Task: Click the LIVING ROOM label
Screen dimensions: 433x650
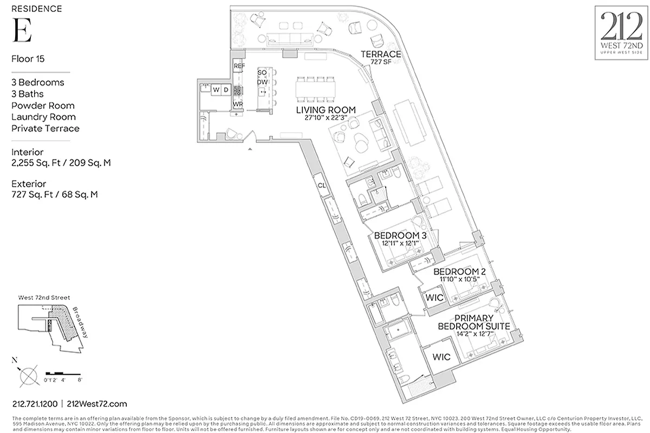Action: pos(326,110)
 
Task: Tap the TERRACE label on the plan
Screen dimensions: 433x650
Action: pos(381,54)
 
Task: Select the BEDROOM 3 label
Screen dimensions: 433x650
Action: pos(400,236)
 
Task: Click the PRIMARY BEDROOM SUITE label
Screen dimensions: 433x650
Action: pos(474,323)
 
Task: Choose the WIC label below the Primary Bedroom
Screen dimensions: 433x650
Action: pos(441,358)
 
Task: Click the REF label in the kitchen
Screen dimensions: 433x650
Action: pos(239,66)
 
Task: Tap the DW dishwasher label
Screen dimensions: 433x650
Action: pos(263,82)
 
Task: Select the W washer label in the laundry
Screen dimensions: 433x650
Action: pos(216,89)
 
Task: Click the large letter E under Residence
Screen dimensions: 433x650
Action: pos(22,30)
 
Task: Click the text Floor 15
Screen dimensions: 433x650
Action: pos(28,58)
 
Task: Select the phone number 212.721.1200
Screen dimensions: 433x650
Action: pos(34,404)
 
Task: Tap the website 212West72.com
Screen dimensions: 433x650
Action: pos(97,404)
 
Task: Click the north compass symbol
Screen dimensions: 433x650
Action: pos(29,373)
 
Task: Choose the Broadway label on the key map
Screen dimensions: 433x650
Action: pos(80,323)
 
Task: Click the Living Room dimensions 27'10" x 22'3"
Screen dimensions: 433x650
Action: pos(326,118)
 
